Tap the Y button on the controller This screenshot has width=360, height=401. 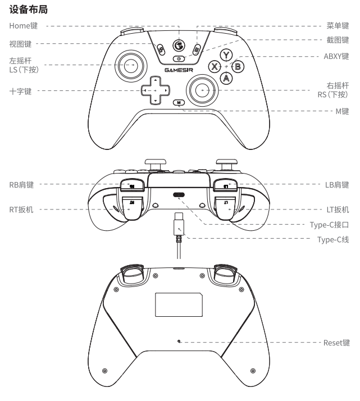[x=226, y=55]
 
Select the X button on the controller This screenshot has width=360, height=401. [x=214, y=66]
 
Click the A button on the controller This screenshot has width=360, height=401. [x=226, y=78]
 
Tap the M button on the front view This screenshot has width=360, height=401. [x=179, y=102]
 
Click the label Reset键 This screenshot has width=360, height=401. [x=336, y=342]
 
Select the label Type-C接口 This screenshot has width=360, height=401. [x=330, y=225]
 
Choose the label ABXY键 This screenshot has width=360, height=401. [x=335, y=56]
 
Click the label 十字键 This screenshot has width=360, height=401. [x=20, y=90]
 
